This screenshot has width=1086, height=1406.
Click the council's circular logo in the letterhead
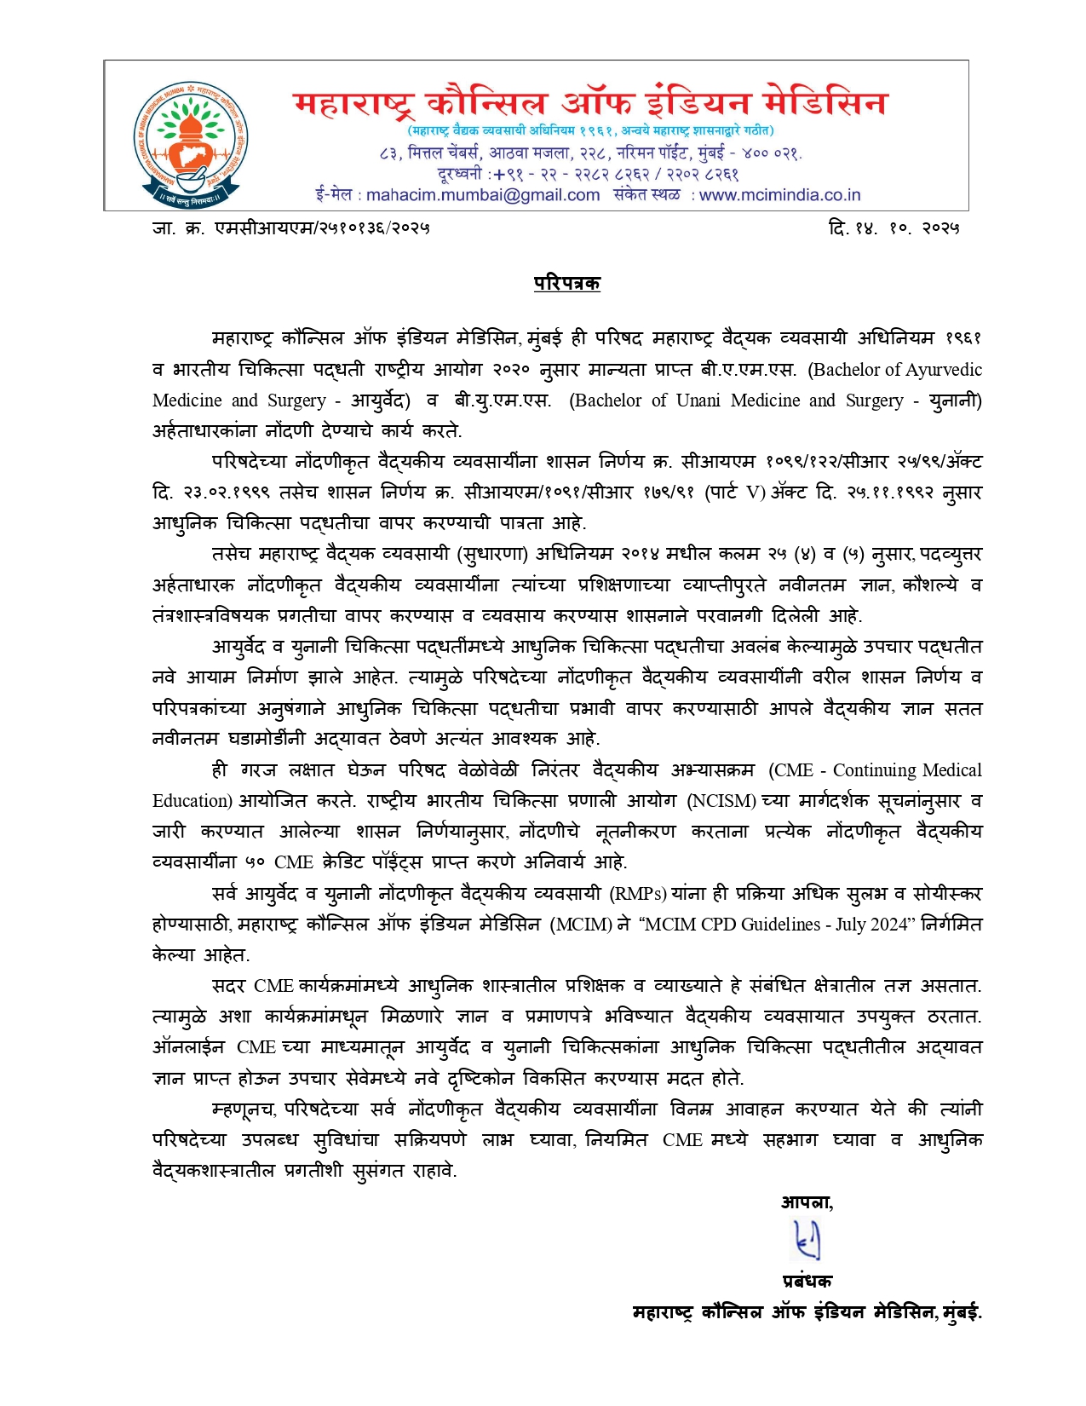[x=192, y=146]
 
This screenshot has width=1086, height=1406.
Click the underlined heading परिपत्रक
[x=566, y=283]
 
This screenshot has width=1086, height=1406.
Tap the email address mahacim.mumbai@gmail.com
[x=483, y=195]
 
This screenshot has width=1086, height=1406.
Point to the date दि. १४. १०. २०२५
[x=894, y=228]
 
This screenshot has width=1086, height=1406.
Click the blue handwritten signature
[x=806, y=1240]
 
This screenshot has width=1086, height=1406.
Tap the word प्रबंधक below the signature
[x=807, y=1281]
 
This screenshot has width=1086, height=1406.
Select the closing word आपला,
[x=807, y=1202]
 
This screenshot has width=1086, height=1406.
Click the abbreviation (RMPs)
[x=638, y=894]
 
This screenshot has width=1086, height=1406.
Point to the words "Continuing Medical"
[x=907, y=770]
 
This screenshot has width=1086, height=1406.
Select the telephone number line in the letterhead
[x=588, y=174]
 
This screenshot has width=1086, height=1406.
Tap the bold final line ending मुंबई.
[x=807, y=1312]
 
